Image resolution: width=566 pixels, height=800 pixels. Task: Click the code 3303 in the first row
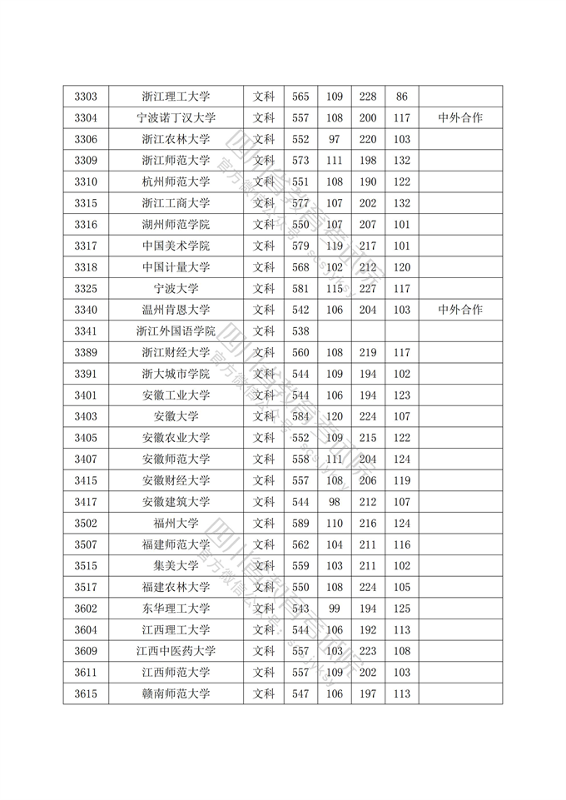click(86, 97)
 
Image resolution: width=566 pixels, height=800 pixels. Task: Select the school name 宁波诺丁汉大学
click(176, 118)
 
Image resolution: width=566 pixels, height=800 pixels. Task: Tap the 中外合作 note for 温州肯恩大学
click(460, 310)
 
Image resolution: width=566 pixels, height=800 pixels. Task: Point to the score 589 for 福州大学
click(300, 523)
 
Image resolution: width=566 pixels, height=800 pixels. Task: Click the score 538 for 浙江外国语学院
click(300, 331)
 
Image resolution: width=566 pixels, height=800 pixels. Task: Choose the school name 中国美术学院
click(176, 246)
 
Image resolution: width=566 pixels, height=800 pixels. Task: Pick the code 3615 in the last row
click(86, 693)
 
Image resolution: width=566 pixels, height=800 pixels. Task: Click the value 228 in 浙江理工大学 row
click(368, 97)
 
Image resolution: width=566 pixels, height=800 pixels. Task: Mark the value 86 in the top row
click(402, 97)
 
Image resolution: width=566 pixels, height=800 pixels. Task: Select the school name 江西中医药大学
click(176, 651)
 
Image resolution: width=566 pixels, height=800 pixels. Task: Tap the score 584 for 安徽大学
click(300, 416)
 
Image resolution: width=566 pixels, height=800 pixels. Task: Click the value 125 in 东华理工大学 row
click(402, 609)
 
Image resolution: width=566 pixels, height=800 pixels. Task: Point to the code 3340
click(86, 310)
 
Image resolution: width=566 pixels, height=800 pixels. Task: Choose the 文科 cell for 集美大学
click(264, 565)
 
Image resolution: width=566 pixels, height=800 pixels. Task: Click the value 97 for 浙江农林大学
click(335, 139)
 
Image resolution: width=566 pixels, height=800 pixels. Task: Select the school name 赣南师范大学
click(176, 693)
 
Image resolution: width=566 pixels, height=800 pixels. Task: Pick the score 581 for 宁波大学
click(300, 289)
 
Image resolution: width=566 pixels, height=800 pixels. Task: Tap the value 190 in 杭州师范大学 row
click(368, 181)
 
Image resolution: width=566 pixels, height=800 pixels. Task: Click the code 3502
click(86, 523)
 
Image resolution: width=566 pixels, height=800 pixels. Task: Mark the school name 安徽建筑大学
click(176, 501)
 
